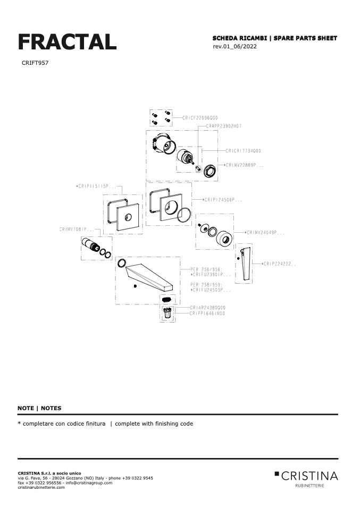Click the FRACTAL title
pos(67,41)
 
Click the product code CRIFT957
pos(36,63)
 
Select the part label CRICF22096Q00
pos(200,118)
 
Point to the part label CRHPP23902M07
pos(224,126)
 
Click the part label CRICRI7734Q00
pos(243,151)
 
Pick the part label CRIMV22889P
pos(245,165)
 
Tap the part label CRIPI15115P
pos(96,186)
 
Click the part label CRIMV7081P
pos(77,230)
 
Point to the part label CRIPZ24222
pos(279,264)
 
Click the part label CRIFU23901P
pos(211,275)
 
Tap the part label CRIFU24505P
pos(211,290)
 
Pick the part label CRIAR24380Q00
pos(208,308)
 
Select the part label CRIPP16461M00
pos(208,313)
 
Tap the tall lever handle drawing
pos(245,264)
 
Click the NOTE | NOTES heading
pos(39,408)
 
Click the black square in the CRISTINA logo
pos(277,472)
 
